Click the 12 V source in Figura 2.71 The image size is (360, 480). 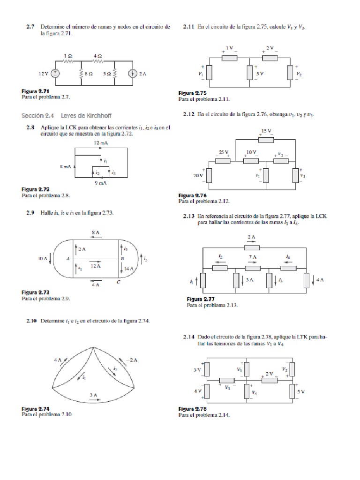click(55, 73)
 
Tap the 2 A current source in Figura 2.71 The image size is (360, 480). click(134, 73)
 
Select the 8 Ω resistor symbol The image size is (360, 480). click(82, 73)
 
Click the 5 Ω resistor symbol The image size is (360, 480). click(115, 73)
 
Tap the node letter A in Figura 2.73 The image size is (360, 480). click(68, 258)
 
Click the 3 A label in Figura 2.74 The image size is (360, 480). click(94, 395)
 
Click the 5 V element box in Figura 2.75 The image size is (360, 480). click(249, 73)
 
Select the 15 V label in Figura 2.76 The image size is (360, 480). click(266, 131)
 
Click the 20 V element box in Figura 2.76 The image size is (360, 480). click(209, 175)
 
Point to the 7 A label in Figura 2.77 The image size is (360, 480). click(252, 257)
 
